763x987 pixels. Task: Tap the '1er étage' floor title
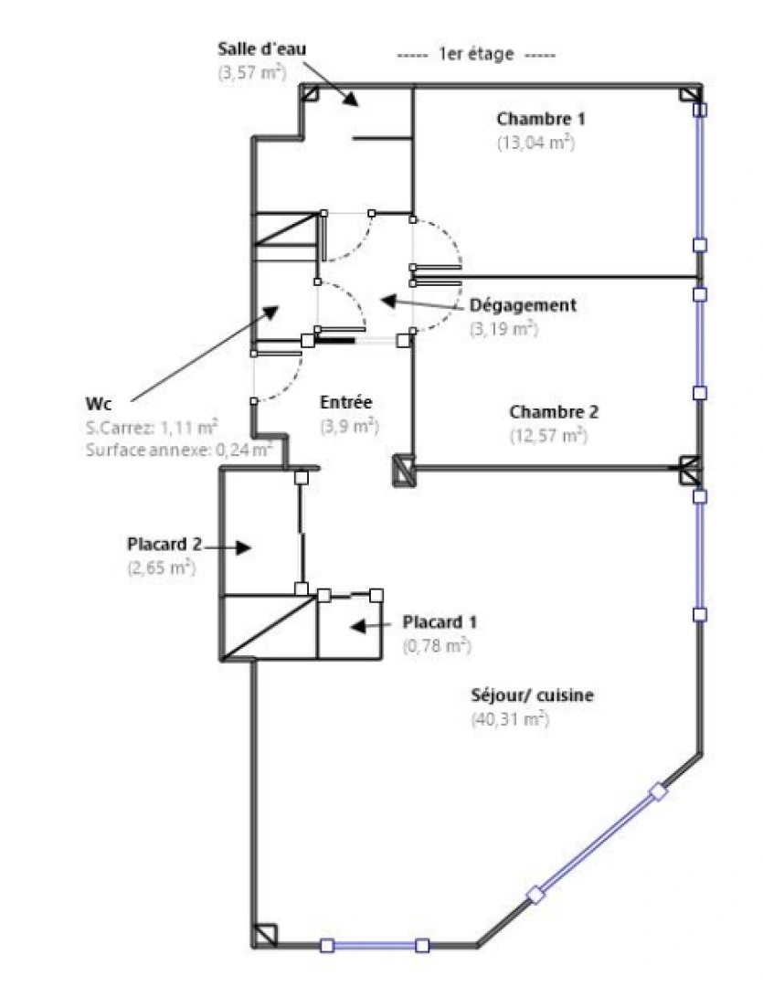coord(476,55)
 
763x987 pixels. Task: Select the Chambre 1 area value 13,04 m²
coord(535,142)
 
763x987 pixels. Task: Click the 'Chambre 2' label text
coord(554,412)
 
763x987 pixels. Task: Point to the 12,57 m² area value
coord(547,435)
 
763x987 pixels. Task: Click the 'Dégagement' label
coord(523,305)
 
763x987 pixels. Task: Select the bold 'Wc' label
coord(95,403)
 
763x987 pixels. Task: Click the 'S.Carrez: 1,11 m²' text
coord(152,426)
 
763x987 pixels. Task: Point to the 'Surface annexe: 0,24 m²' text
coord(178,449)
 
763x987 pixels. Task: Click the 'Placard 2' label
coord(164,544)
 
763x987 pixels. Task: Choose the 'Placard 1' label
coord(440,622)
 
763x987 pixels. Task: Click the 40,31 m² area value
coord(510,718)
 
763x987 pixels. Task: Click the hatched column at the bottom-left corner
coord(264,935)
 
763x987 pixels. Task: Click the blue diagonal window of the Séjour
coord(597,843)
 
